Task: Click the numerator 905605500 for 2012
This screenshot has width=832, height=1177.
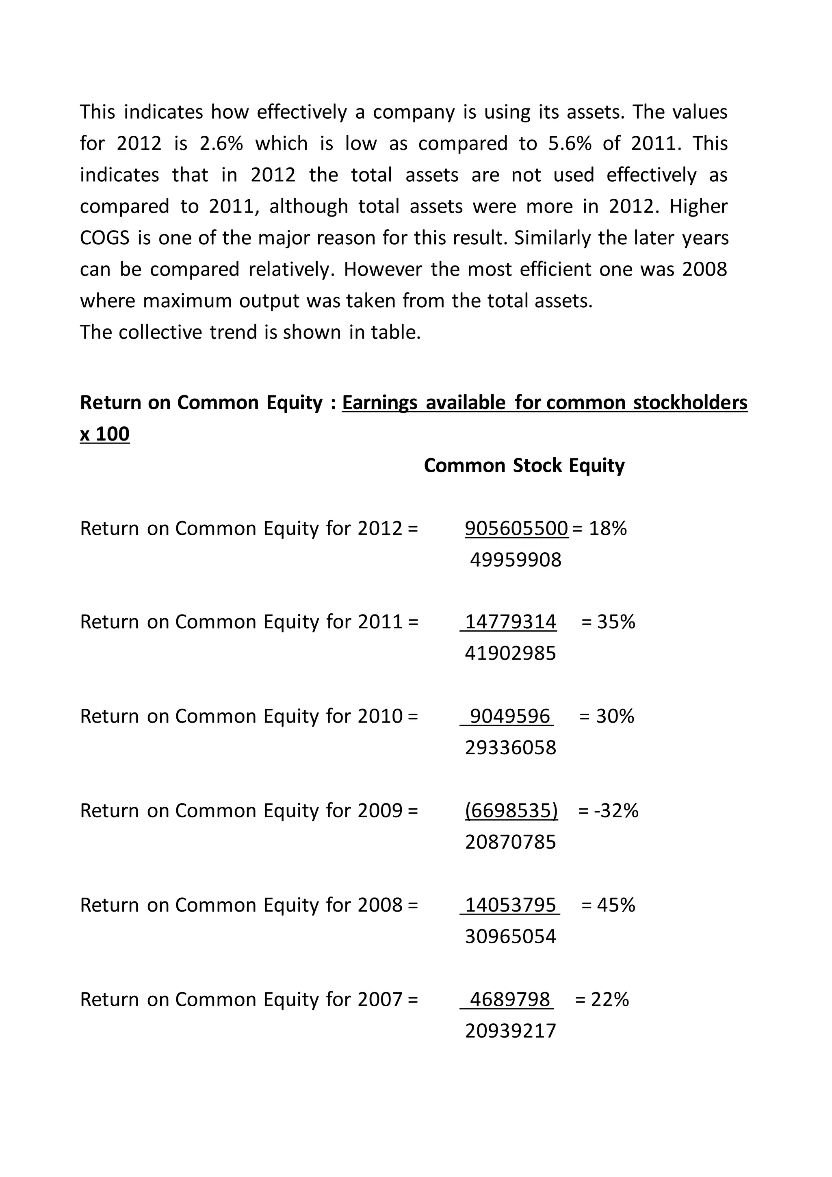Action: tap(516, 528)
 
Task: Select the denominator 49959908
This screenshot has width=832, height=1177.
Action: tap(516, 560)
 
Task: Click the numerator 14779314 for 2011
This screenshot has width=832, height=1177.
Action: tap(510, 622)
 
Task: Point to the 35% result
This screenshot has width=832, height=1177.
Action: tap(616, 622)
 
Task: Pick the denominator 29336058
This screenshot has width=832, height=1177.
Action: tap(510, 748)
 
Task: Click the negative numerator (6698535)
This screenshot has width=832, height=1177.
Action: tap(511, 810)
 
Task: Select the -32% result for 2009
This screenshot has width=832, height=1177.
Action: tap(616, 810)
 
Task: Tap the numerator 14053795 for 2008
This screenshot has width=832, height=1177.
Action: tap(510, 905)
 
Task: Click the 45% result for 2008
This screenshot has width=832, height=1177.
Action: tap(616, 905)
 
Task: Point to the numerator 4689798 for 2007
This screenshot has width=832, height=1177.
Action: tap(509, 999)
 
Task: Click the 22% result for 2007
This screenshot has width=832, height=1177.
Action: tap(610, 999)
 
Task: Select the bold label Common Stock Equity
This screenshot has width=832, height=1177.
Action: tap(524, 465)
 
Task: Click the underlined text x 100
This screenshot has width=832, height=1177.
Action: tap(104, 434)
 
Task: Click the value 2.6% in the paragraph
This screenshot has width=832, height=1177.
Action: tap(221, 143)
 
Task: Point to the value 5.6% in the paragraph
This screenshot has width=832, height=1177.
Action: tap(570, 143)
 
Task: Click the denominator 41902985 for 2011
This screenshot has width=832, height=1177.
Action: tap(510, 654)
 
